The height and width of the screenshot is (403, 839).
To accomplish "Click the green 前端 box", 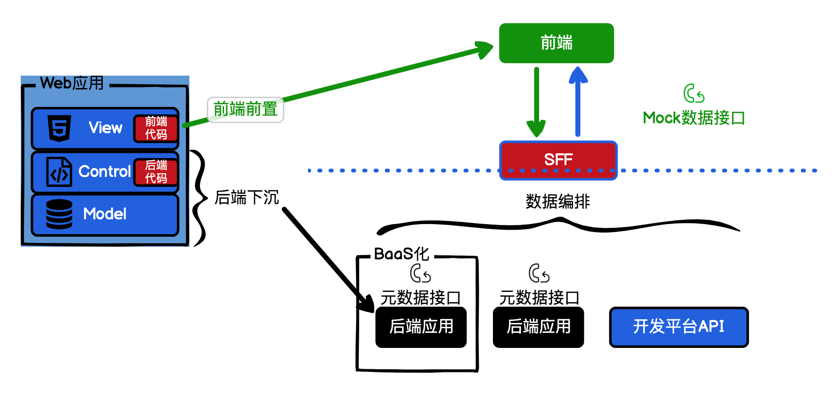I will tap(556, 43).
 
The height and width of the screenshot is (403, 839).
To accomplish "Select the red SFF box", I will tap(558, 160).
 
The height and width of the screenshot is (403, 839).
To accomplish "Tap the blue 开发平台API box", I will tap(678, 327).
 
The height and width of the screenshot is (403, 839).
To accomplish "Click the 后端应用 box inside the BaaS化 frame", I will tap(421, 327).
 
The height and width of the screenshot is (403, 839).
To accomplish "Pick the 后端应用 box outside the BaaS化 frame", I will tap(538, 327).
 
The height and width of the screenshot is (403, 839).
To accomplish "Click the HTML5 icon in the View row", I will tap(59, 128).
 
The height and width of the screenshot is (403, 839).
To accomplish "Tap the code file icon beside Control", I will tap(59, 172).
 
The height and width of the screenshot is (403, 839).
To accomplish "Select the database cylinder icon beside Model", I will tap(59, 214).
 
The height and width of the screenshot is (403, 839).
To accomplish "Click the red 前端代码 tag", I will tap(156, 128).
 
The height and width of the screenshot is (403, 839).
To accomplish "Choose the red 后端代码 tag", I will tap(156, 172).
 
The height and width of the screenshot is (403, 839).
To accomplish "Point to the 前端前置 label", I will tap(245, 109).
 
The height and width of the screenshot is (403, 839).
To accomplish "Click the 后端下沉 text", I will tap(247, 197).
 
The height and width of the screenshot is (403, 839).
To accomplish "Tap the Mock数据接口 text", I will tap(694, 118).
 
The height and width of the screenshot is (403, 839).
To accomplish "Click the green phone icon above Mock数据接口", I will tap(694, 94).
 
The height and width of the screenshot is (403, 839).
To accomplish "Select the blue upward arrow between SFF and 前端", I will tap(578, 101).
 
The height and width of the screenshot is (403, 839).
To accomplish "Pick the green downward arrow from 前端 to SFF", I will tap(536, 101).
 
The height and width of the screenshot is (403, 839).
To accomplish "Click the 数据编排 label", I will tap(557, 201).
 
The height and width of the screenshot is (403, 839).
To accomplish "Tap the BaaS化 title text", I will tap(401, 254).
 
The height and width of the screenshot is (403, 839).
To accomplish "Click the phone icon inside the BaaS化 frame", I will tap(420, 273).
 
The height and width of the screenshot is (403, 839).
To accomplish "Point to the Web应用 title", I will tap(72, 83).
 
